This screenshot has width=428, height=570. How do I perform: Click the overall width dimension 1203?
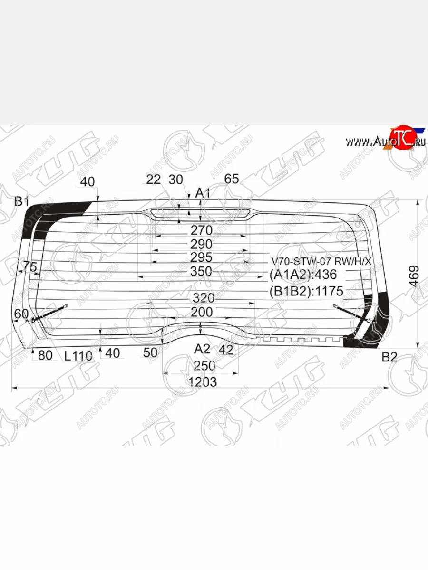(202, 382)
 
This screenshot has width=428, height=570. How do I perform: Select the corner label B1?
(21, 201)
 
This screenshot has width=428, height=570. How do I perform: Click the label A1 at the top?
(203, 193)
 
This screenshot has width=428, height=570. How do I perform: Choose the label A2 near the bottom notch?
(202, 349)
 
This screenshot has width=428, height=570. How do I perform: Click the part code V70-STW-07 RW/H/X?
(321, 262)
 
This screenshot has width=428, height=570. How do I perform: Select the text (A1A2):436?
(303, 275)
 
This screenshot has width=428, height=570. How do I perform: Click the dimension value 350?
(202, 271)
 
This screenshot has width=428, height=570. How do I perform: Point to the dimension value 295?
(201, 257)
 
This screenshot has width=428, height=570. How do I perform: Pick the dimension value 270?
(201, 231)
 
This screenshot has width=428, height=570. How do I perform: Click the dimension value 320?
(203, 298)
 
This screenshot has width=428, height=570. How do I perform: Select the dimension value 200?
(202, 312)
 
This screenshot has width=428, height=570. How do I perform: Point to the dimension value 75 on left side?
(29, 267)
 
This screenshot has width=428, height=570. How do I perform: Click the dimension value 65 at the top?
(231, 179)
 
